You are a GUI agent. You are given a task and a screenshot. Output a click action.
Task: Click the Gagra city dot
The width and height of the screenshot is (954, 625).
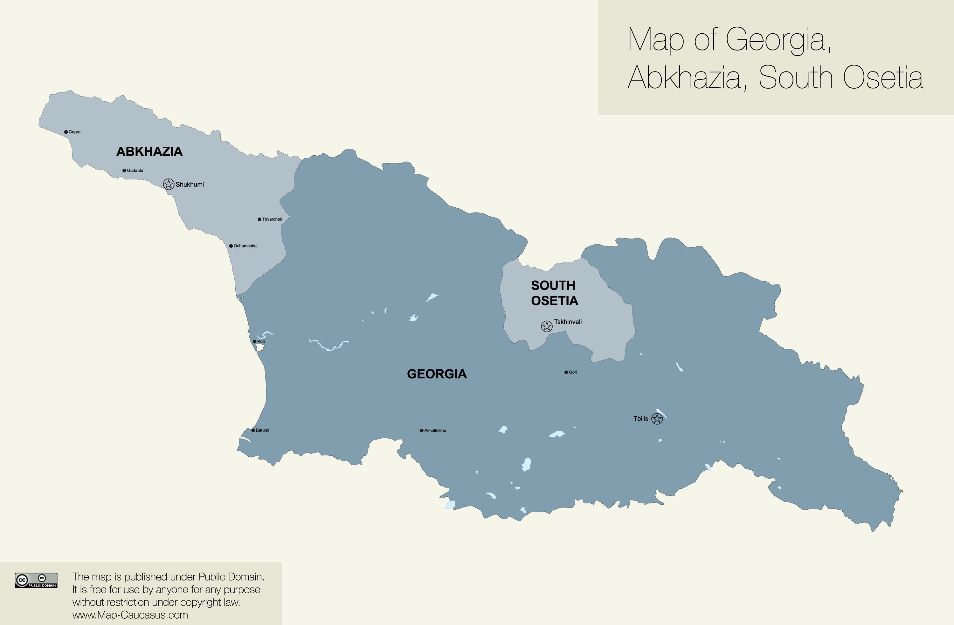point(66,132)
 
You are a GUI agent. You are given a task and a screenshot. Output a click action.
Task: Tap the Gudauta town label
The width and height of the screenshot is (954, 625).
point(135,171)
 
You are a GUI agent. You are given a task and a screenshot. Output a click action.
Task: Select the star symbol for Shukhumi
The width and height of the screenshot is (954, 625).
point(169,184)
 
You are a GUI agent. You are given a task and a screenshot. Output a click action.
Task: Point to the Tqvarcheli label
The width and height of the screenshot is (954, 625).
point(272,219)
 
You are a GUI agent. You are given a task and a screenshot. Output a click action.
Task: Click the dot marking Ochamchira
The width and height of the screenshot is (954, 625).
point(231,246)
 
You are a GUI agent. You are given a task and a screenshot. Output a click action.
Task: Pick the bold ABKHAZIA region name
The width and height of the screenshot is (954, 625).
point(149,151)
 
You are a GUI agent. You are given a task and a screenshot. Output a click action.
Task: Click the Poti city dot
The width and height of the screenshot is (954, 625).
point(254,341)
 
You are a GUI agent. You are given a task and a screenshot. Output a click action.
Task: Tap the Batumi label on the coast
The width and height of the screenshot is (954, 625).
point(263,430)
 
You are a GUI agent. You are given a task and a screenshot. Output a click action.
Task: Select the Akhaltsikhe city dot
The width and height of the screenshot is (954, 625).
point(421,430)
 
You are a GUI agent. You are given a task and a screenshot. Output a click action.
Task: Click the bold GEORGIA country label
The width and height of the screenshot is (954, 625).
point(437,374)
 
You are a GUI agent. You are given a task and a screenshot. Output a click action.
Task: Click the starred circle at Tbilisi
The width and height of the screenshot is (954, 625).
point(657,419)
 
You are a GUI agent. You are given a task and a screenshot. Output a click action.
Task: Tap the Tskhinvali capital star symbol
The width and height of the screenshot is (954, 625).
point(547,326)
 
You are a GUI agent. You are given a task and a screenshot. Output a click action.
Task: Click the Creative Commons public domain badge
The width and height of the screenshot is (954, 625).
point(36,580)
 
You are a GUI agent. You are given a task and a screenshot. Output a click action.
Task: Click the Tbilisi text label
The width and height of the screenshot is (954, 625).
point(641,419)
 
